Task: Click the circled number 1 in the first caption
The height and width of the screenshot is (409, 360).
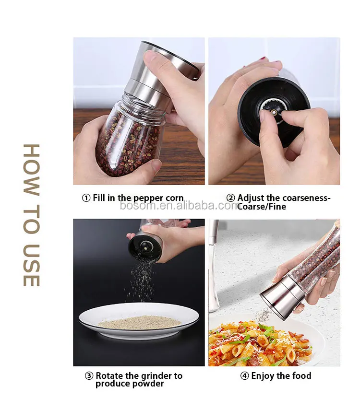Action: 86,198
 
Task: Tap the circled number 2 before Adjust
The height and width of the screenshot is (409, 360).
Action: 230,198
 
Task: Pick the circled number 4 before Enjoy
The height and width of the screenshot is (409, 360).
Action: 244,376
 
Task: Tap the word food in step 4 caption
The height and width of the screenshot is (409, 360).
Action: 301,376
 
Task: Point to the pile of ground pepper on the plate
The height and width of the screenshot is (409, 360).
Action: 139,323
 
